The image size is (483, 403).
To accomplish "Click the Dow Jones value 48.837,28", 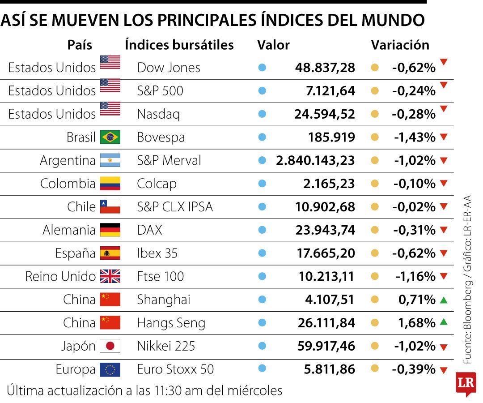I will pos(325,68).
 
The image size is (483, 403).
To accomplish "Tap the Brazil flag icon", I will pos(110,137).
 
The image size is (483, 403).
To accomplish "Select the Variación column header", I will pos(400,45).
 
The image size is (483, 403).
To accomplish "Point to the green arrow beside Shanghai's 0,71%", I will pos(443,300).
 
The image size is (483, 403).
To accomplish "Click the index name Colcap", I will pos(157,184).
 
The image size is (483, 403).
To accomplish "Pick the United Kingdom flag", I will pos(110,276).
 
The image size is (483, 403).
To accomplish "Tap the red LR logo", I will pos(466,383).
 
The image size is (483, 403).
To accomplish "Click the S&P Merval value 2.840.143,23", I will pos(315,160).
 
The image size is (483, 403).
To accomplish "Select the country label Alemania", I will pos(69,230).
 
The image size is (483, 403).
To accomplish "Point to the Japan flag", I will pos(110,346).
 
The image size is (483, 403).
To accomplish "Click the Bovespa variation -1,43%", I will pos(415,137).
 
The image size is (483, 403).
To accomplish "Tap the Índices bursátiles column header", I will pos(179,45).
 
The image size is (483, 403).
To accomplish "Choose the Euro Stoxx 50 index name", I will pos(175,369).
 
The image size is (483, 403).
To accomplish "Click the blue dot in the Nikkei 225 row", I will pos(262,346).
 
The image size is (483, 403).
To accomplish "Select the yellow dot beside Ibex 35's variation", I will pos(375,253).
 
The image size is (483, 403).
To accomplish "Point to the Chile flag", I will pos(110,207).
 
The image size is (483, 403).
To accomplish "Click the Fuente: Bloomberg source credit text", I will pos(467,327).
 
